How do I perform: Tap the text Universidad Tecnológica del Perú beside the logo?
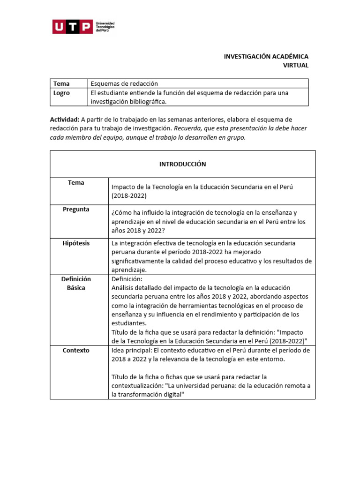[x=105, y=27]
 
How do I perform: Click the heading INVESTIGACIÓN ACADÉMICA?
[x=266, y=56]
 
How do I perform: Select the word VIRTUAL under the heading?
[x=295, y=66]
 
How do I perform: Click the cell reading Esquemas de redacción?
[x=124, y=83]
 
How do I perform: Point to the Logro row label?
[x=61, y=93]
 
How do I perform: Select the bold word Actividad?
[x=65, y=120]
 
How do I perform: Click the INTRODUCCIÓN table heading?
[x=182, y=164]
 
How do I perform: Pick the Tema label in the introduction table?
[x=76, y=183]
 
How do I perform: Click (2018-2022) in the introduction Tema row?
[x=129, y=196]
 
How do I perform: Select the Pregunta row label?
[x=76, y=210]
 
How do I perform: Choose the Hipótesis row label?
[x=76, y=243]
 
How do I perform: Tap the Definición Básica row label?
[x=76, y=283]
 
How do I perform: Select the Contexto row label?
[x=76, y=350]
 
